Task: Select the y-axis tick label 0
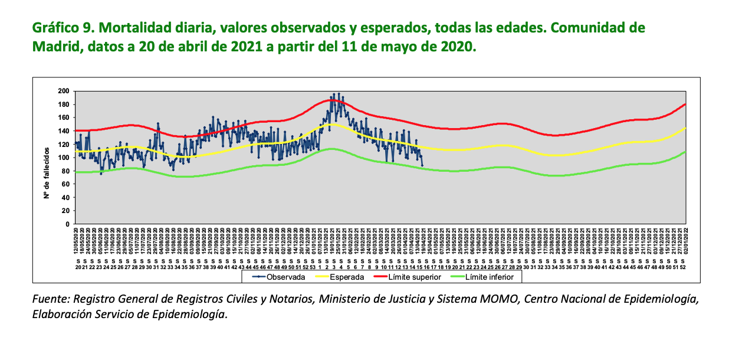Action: click(x=68, y=224)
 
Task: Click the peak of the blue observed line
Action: click(x=334, y=94)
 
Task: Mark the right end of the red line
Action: click(x=685, y=104)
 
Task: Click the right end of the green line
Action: click(x=685, y=152)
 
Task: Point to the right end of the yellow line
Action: click(x=685, y=128)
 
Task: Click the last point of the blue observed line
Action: click(x=422, y=166)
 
